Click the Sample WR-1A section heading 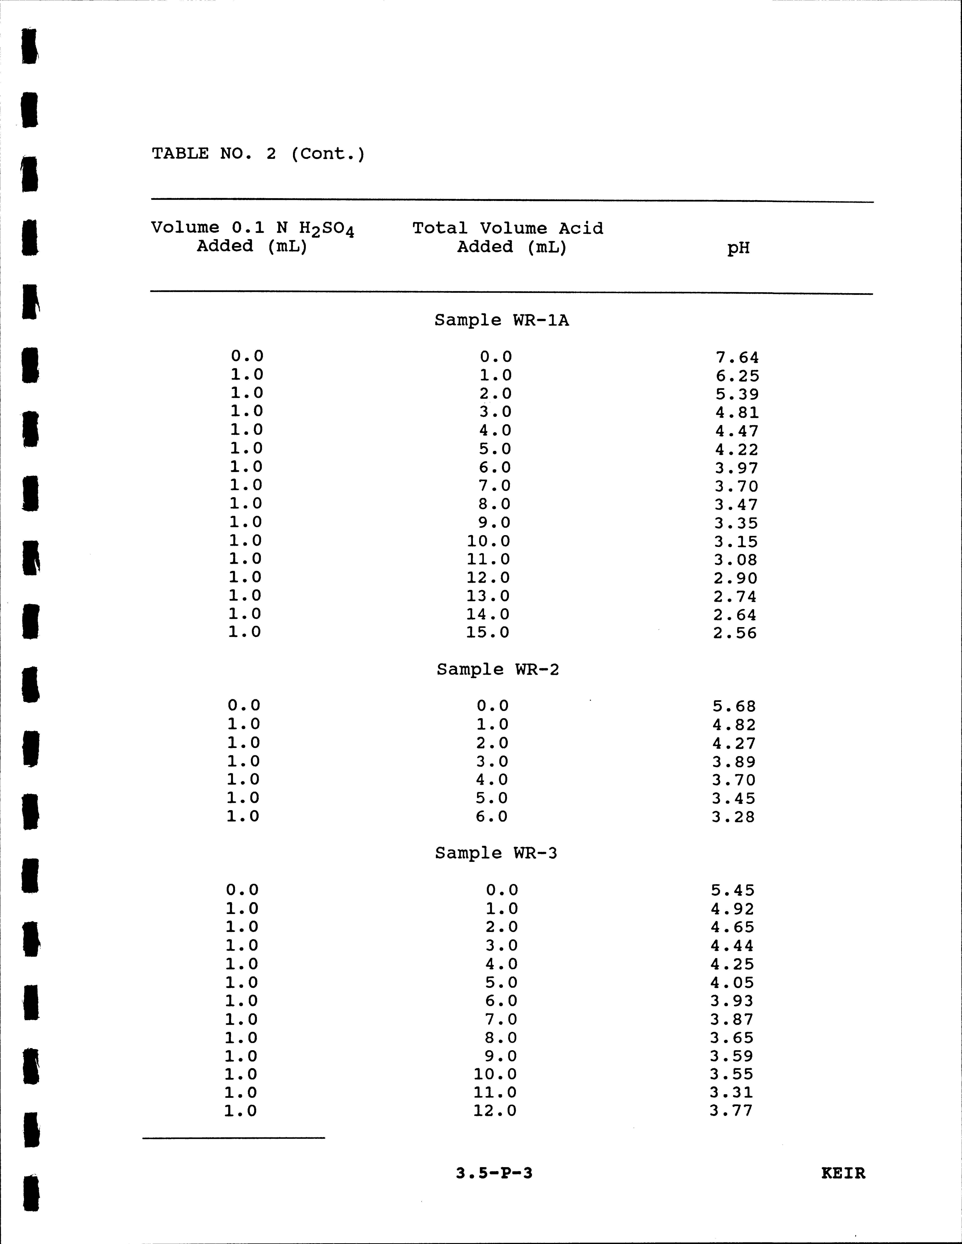(502, 320)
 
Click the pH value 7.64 (737, 358)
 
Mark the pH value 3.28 (733, 817)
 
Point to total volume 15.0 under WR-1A (488, 632)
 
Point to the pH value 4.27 (734, 743)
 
